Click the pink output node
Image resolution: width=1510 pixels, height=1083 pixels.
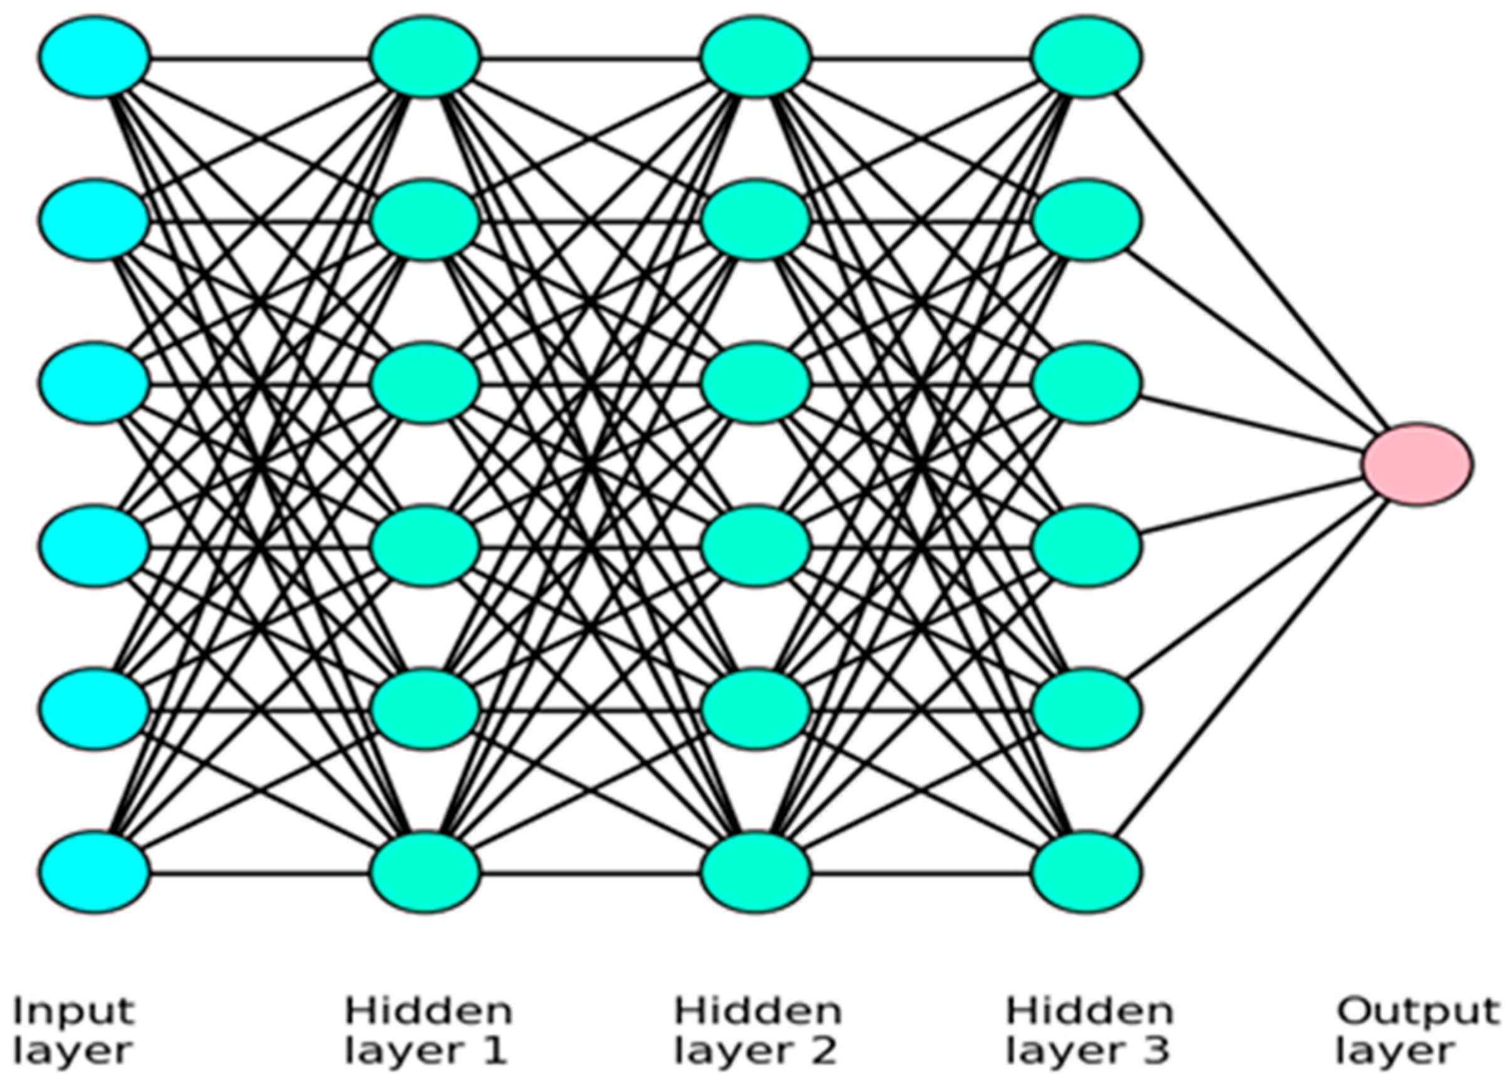[1417, 464]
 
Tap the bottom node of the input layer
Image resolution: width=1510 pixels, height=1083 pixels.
[94, 872]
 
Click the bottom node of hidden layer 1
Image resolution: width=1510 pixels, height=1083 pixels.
[425, 872]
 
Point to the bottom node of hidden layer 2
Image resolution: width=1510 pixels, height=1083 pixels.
[756, 872]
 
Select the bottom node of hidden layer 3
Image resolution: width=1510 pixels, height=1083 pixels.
[1087, 872]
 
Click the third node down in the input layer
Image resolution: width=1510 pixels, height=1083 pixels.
[94, 383]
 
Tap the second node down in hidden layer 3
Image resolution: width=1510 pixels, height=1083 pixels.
[1087, 220]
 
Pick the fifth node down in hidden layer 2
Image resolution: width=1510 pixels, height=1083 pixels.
[756, 709]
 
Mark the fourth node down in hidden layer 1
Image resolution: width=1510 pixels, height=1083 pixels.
[425, 546]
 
